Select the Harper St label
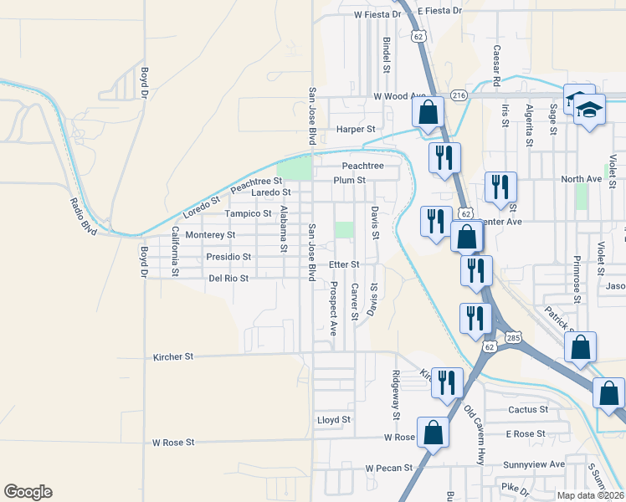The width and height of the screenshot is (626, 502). click(356, 130)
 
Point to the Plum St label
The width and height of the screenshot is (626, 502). click(349, 180)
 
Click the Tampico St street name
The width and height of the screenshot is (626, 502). click(248, 213)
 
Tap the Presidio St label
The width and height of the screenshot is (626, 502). click(228, 257)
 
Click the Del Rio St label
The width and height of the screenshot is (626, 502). click(228, 278)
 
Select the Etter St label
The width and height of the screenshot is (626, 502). click(343, 264)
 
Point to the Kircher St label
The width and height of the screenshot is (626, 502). click(173, 356)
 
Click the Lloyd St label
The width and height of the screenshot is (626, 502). click(333, 419)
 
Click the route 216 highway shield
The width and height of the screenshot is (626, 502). click(458, 96)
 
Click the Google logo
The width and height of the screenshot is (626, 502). click(28, 492)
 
